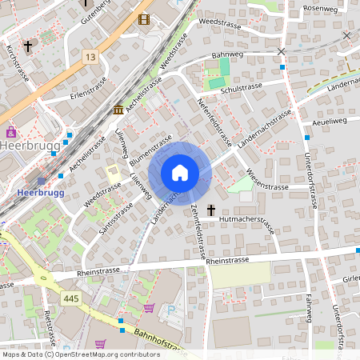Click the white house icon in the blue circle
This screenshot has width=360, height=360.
(180, 173)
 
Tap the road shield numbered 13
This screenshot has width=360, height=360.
(90, 57)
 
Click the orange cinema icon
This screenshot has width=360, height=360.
(143, 19)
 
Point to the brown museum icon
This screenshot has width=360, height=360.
(118, 109)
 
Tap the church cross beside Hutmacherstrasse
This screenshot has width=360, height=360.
(211, 210)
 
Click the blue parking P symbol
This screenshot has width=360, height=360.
(169, 310)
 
